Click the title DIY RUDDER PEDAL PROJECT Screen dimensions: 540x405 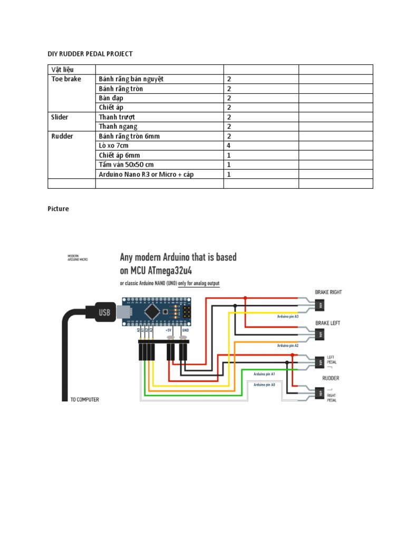[x=90, y=54]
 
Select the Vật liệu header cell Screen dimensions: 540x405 [x=63, y=70]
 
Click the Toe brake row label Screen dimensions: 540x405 [x=66, y=79]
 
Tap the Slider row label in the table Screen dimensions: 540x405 [x=60, y=117]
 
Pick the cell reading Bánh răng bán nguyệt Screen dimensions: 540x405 [x=131, y=79]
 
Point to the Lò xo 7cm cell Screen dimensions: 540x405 [x=113, y=146]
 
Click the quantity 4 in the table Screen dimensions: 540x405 [x=229, y=146]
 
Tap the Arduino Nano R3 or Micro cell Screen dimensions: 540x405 [x=146, y=174]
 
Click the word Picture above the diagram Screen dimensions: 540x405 [x=58, y=209]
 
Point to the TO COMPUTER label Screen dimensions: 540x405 [x=84, y=399]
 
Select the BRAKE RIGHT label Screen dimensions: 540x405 [x=329, y=292]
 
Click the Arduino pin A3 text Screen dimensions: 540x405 [x=287, y=317]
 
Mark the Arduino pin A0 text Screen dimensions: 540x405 [x=264, y=385]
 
